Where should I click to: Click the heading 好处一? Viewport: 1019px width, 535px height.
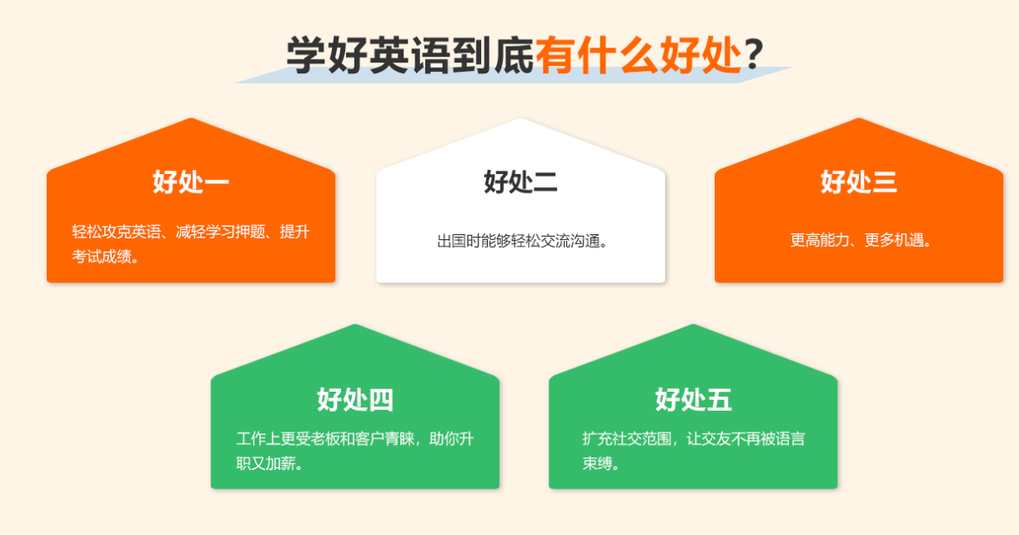(x=191, y=182)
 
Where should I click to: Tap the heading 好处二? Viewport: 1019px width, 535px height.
(x=520, y=182)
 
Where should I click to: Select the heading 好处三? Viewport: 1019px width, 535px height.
(x=858, y=182)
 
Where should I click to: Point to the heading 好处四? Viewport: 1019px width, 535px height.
(x=355, y=399)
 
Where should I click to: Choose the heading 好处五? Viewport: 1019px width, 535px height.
(x=693, y=399)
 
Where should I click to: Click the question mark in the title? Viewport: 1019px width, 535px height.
(x=754, y=54)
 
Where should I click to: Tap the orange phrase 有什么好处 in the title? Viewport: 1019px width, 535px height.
(x=638, y=54)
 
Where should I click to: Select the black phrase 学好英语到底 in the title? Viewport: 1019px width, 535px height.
(x=410, y=54)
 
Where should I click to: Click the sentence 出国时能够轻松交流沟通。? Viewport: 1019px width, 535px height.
(x=522, y=241)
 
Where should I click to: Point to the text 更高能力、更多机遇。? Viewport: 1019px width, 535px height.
(x=861, y=240)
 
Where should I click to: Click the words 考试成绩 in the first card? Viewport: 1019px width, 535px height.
(x=102, y=257)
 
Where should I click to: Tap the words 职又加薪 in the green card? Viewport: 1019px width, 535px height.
(x=266, y=463)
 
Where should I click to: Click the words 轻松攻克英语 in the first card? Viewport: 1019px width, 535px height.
(x=117, y=232)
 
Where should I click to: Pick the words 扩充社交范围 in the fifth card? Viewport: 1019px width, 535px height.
(x=627, y=438)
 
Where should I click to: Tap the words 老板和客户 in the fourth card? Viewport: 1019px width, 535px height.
(x=347, y=438)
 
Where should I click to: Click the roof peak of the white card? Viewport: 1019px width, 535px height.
(x=521, y=119)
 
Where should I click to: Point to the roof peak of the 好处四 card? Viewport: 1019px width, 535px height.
(x=355, y=325)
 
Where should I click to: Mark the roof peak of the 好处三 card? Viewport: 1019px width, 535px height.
(x=859, y=119)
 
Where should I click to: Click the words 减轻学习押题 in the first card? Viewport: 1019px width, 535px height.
(x=220, y=232)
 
